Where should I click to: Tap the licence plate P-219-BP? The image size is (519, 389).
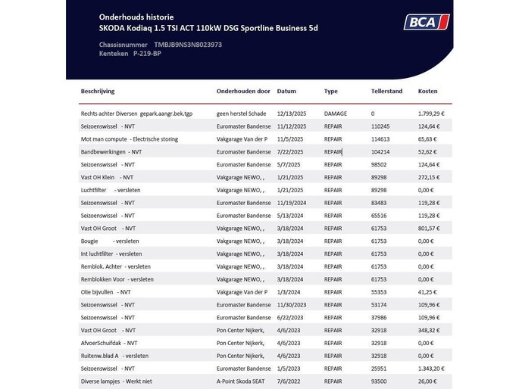click(147, 54)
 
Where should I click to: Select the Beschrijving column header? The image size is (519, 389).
click(98, 91)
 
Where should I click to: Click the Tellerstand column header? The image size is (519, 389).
click(386, 91)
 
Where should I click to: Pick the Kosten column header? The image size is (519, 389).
click(427, 91)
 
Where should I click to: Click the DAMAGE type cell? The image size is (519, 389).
click(335, 114)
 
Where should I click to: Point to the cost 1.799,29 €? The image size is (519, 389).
click(431, 114)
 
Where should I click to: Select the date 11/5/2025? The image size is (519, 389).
click(290, 139)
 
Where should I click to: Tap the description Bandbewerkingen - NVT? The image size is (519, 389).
click(111, 152)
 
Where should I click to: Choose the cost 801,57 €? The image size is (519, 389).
click(430, 228)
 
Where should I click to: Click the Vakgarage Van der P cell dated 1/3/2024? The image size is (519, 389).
click(242, 291)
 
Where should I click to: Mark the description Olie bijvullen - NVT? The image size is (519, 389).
click(106, 291)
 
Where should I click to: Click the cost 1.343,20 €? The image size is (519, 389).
click(431, 369)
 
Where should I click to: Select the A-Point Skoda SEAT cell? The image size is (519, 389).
click(243, 381)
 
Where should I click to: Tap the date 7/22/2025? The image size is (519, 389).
click(290, 152)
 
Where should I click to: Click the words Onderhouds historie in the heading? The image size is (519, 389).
click(136, 16)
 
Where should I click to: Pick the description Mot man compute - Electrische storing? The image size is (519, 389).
click(130, 139)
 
